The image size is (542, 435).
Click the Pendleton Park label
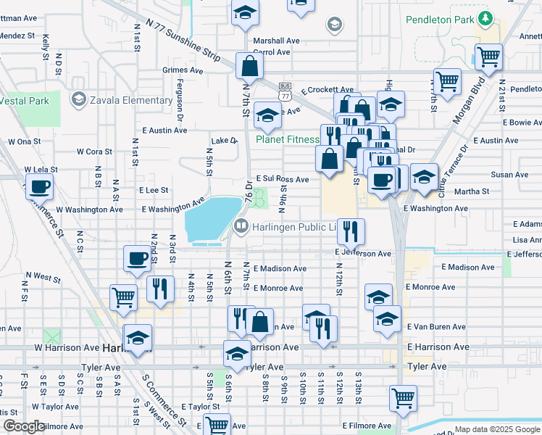click(441, 20)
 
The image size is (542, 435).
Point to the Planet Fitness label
click(287, 139)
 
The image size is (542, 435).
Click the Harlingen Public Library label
click(294, 227)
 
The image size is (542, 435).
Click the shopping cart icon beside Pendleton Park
click(489, 56)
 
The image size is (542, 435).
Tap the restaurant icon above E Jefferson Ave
click(350, 231)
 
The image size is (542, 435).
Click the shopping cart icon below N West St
click(122, 296)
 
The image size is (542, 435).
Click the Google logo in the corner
click(24, 426)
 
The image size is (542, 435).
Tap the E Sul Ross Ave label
click(282, 178)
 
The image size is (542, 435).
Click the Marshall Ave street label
click(276, 41)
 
